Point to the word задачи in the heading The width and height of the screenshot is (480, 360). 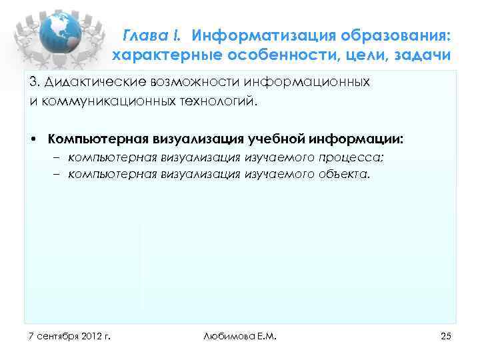click(423, 54)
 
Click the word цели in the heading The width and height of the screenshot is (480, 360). click(365, 54)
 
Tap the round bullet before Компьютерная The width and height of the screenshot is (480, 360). click(33, 139)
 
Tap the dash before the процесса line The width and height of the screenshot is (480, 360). click(57, 157)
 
